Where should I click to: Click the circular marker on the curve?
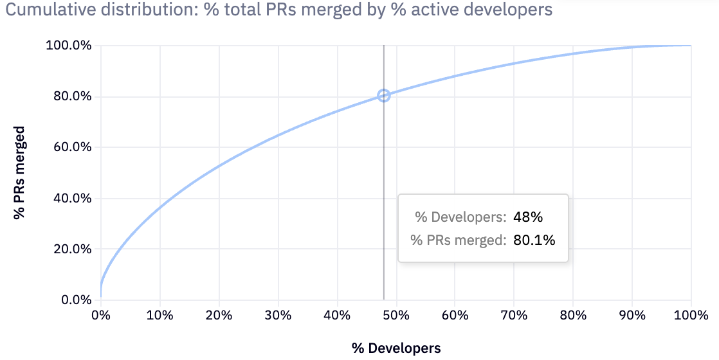(384, 96)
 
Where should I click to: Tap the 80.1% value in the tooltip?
(534, 240)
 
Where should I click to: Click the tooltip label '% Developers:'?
(460, 217)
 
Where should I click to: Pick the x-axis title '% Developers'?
(396, 348)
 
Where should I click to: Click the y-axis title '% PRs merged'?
(20, 173)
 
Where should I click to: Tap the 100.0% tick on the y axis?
(69, 46)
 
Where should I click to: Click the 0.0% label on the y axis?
(74, 300)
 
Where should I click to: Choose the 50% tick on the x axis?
(396, 316)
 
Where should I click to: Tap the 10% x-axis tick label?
(159, 316)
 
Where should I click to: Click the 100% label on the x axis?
(691, 316)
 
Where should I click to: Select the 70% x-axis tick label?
(514, 316)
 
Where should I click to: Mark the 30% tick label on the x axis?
(278, 316)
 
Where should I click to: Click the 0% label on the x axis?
(100, 316)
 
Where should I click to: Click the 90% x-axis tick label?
(632, 316)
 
